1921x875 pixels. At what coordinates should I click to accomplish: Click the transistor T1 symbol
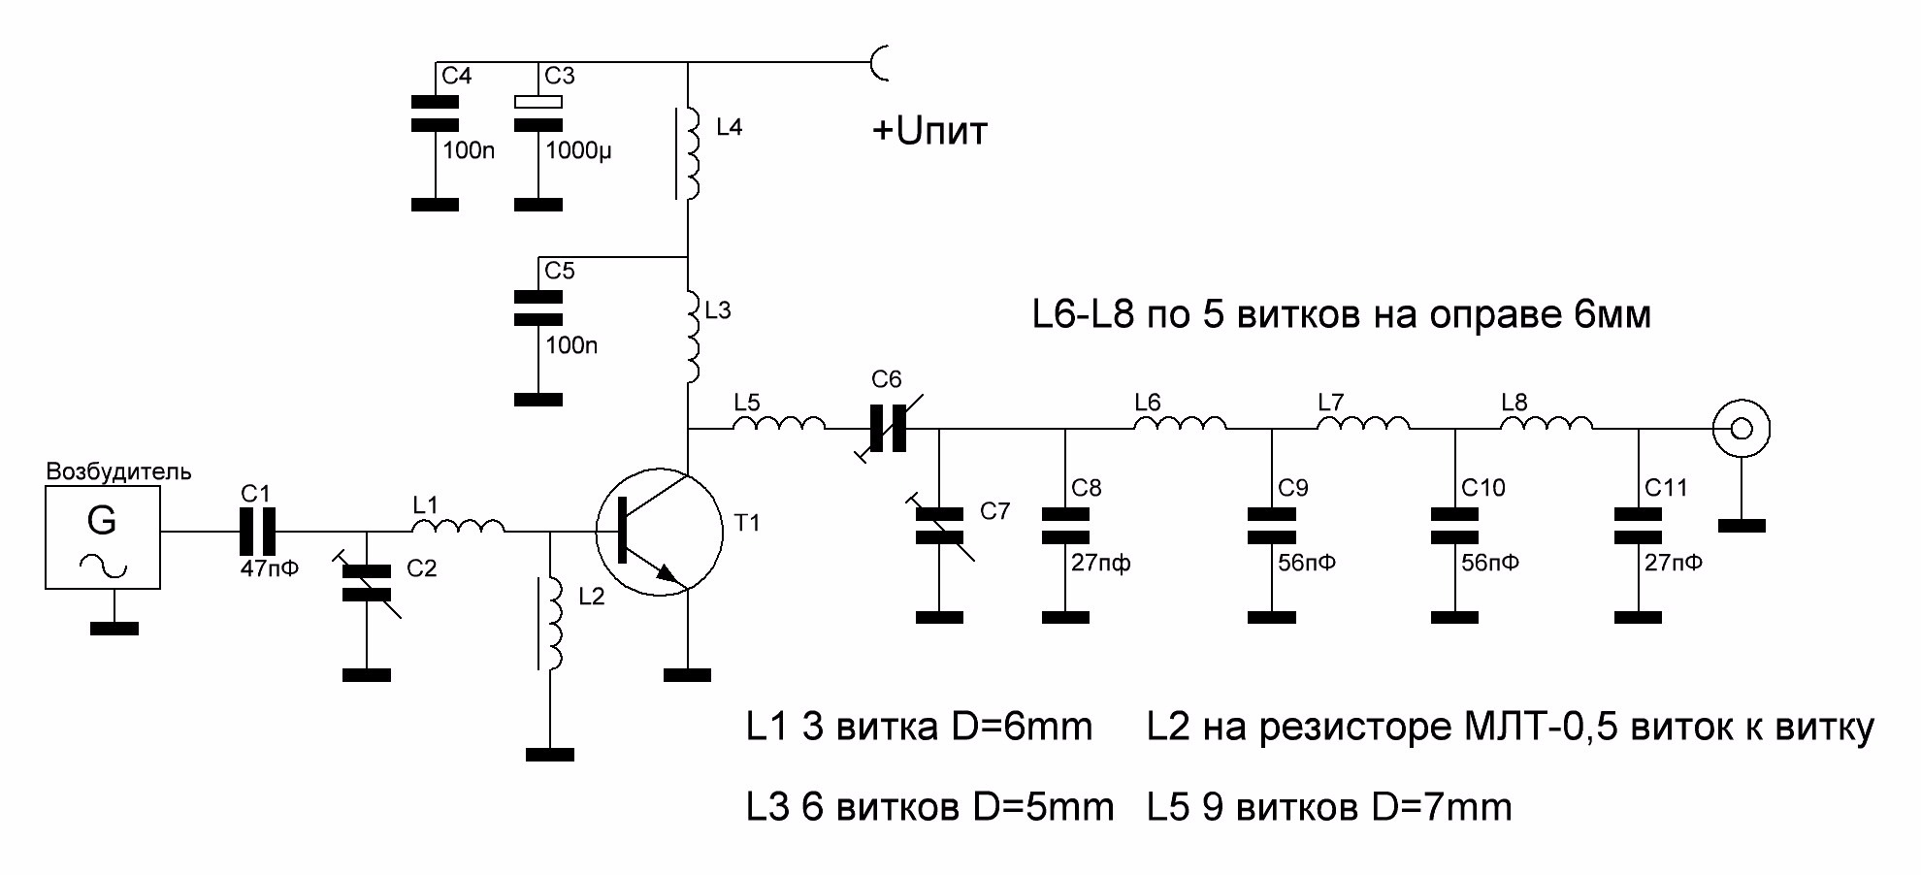click(659, 532)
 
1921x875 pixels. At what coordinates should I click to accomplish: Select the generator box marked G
click(103, 537)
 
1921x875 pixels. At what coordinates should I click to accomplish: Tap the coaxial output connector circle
click(1742, 428)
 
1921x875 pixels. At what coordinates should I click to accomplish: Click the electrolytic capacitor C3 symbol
click(538, 113)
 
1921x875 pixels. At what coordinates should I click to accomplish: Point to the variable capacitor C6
click(888, 428)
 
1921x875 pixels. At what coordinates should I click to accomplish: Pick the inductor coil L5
click(778, 424)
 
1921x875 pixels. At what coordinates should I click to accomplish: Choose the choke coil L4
click(692, 151)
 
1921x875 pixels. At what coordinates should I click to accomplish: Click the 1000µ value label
click(578, 151)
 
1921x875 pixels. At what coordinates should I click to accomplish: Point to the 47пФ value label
click(269, 568)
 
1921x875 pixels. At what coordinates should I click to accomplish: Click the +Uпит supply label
click(929, 131)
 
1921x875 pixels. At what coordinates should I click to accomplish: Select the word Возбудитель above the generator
click(118, 472)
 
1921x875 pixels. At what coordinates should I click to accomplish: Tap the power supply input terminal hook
click(882, 63)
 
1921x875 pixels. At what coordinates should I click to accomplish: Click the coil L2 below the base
click(554, 623)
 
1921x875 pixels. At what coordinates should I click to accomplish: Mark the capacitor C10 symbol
click(1454, 526)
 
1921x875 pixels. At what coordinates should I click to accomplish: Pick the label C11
click(1666, 488)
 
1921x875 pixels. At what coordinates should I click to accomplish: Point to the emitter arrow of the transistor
click(667, 572)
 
